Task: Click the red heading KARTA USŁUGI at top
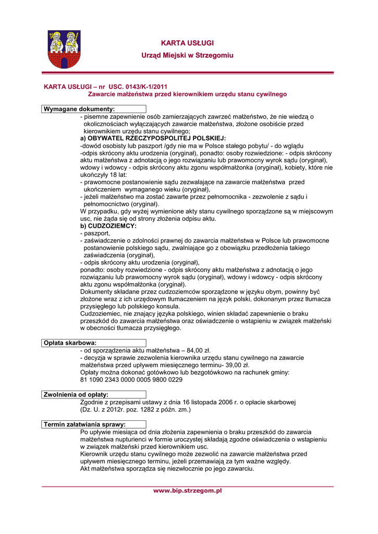point(187,43)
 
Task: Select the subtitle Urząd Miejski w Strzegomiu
point(187,55)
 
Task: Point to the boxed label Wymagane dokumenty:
point(79,109)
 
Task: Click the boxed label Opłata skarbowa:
point(70,343)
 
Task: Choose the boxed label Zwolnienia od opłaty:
point(76,395)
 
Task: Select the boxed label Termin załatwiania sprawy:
point(84,424)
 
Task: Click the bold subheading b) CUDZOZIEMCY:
point(108,226)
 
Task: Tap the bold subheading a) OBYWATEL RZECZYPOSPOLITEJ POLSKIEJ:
point(153,138)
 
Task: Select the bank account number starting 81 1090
point(131,380)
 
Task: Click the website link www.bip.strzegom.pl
point(187,490)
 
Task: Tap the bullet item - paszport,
point(95,234)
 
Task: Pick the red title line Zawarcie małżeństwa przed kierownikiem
point(187,94)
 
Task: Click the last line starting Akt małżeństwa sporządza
point(167,469)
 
